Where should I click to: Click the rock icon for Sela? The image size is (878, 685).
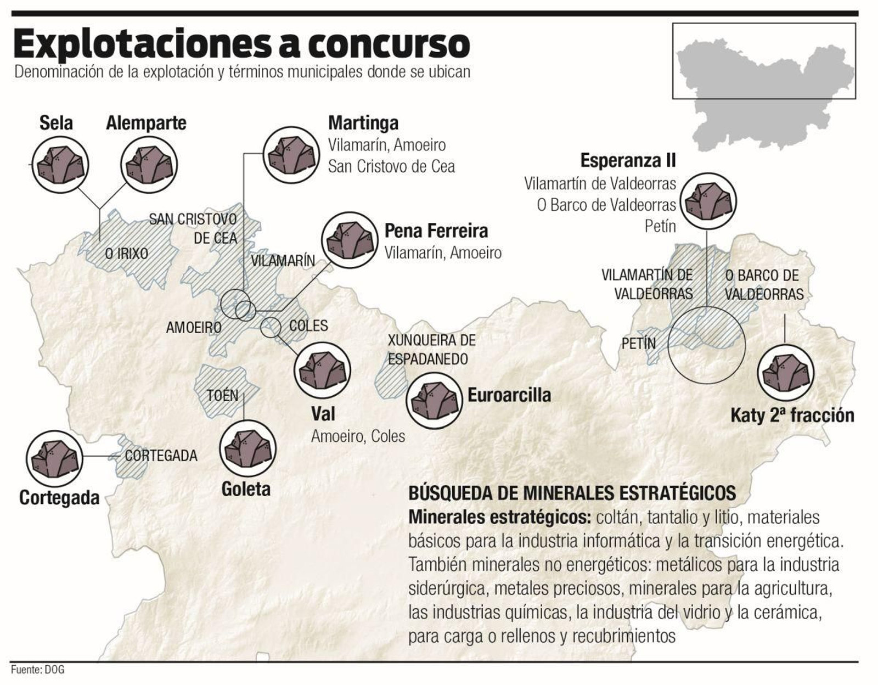pyautogui.click(x=60, y=165)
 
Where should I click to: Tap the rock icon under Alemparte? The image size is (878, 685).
pyautogui.click(x=149, y=165)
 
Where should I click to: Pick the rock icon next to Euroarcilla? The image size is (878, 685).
pyautogui.click(x=434, y=401)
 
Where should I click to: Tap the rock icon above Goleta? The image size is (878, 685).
pyautogui.click(x=247, y=448)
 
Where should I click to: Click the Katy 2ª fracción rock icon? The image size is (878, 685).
pyautogui.click(x=786, y=373)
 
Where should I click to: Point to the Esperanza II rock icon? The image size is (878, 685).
pyautogui.click(x=708, y=201)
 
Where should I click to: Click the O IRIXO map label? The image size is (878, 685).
pyautogui.click(x=126, y=254)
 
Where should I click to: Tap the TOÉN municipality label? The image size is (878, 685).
pyautogui.click(x=222, y=396)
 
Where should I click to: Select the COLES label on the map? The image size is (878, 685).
pyautogui.click(x=308, y=325)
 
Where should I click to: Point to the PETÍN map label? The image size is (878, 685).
pyautogui.click(x=638, y=344)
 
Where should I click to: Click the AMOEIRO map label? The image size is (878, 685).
pyautogui.click(x=194, y=328)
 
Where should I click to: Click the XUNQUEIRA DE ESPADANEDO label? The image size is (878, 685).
pyautogui.click(x=431, y=350)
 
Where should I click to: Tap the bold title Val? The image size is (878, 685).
pyautogui.click(x=323, y=413)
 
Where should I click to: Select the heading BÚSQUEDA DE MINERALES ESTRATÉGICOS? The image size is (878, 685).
pyautogui.click(x=572, y=493)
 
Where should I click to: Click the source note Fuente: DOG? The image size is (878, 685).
pyautogui.click(x=37, y=670)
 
